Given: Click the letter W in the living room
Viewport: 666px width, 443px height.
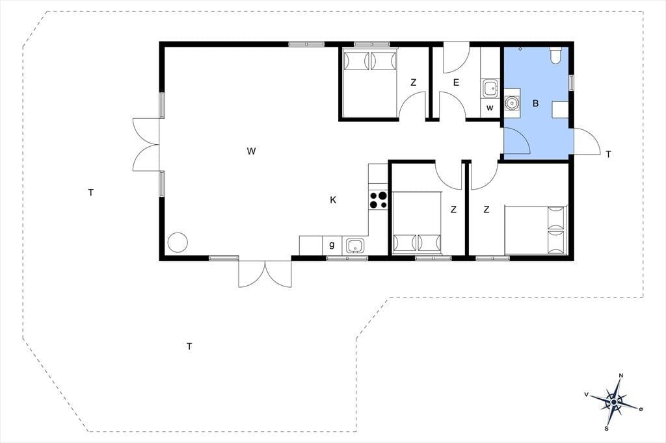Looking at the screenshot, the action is tap(251, 151).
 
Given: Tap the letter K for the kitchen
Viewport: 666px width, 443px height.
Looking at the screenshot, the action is tap(333, 200).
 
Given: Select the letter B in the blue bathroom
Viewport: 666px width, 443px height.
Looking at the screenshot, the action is tap(536, 103).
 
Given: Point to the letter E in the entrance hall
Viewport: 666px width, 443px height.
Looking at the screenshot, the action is tap(456, 82).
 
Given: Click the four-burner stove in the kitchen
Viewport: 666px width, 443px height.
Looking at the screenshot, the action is tap(379, 200).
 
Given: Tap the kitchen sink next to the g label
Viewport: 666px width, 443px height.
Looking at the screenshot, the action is tap(355, 246).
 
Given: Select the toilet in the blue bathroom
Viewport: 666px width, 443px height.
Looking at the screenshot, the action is tap(555, 55).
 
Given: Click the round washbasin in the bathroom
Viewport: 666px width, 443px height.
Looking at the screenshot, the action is tap(512, 103).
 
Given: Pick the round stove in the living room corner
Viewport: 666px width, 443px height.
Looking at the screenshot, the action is tap(178, 242).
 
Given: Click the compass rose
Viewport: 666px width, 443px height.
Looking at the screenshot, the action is tap(614, 402).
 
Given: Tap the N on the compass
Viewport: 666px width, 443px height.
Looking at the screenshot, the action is tap(621, 375).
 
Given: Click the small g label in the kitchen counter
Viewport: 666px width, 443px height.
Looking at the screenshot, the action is tap(332, 245).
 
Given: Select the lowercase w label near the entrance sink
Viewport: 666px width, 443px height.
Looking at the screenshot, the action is tap(490, 108).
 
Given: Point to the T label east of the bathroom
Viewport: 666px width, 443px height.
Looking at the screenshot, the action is tap(608, 155).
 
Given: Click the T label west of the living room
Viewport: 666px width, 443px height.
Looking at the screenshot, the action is tap(90, 193).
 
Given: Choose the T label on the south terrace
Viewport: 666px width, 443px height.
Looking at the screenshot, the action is tap(189, 347).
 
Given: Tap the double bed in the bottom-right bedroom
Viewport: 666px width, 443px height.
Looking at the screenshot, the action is tap(536, 231).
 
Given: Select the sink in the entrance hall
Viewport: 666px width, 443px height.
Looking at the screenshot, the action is tap(490, 88).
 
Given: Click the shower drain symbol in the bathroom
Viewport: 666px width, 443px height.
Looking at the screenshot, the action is tap(520, 49).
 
